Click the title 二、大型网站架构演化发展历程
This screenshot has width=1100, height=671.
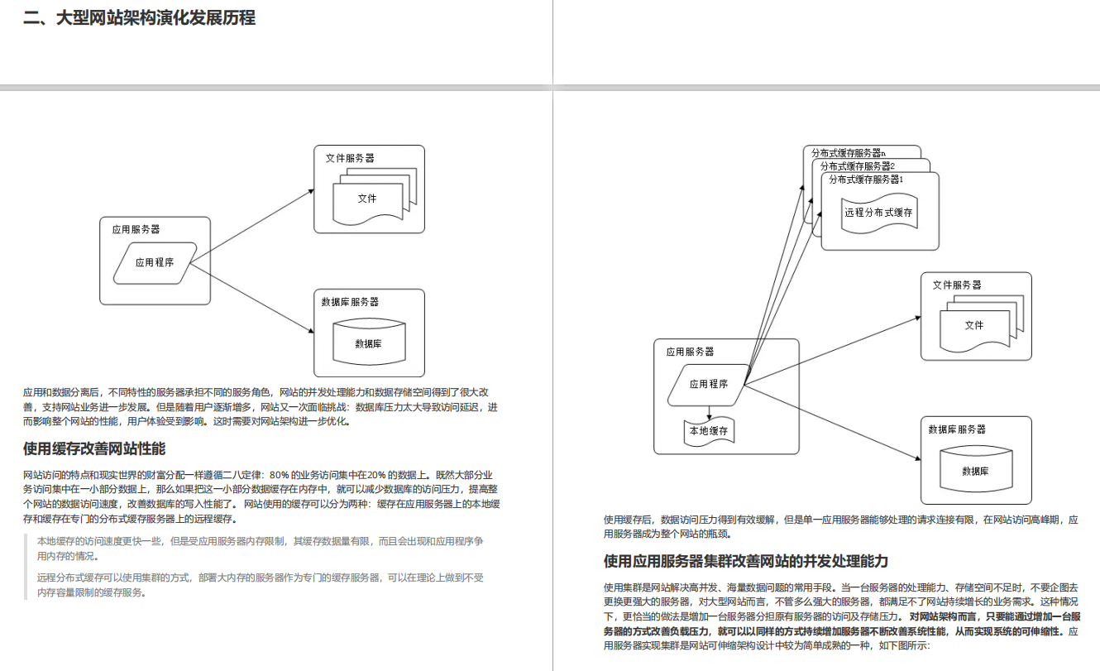click(x=139, y=18)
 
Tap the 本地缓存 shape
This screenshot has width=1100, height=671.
click(x=709, y=431)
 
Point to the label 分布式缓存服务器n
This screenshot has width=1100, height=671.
click(x=848, y=153)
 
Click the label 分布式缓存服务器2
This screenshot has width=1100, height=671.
click(x=858, y=166)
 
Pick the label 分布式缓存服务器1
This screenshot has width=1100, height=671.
click(x=866, y=180)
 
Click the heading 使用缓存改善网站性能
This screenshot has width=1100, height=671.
click(x=94, y=448)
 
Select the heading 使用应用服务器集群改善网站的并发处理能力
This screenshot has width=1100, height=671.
click(x=746, y=561)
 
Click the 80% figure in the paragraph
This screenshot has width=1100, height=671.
click(x=279, y=475)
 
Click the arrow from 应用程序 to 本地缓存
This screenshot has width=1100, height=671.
click(x=709, y=413)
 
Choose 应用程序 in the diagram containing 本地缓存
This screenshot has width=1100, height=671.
click(x=709, y=385)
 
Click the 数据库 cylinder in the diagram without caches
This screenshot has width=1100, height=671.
click(x=369, y=342)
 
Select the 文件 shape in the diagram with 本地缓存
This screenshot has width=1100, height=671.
click(x=975, y=324)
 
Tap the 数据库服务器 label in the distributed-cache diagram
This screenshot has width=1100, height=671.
click(x=957, y=429)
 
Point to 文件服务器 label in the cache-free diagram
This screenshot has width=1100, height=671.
click(x=350, y=158)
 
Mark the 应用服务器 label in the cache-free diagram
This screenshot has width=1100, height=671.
click(x=136, y=229)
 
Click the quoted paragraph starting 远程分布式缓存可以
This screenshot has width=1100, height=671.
click(x=261, y=585)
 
